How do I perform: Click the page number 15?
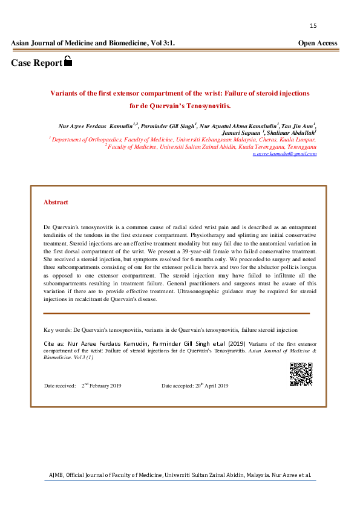[x=313, y=26]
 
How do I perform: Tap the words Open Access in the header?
[x=318, y=44]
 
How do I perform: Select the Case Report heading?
[x=36, y=63]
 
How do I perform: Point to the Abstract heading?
[x=56, y=203]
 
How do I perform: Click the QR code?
[x=301, y=374]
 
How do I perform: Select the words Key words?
[x=57, y=330]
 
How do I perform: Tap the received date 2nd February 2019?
[x=102, y=386]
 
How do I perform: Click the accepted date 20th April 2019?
[x=211, y=386]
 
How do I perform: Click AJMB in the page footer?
[x=56, y=475]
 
